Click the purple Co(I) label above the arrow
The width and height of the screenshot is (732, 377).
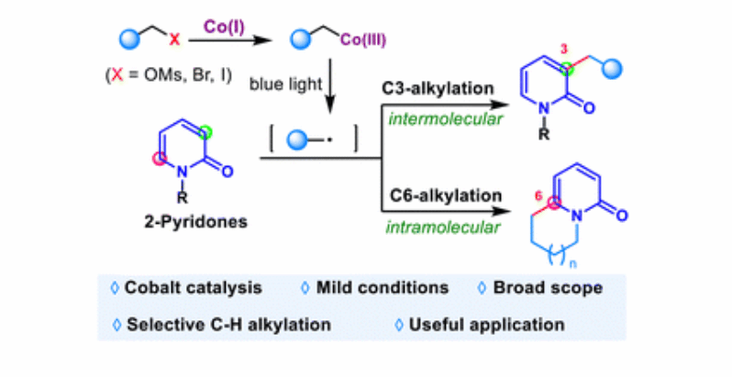click(224, 28)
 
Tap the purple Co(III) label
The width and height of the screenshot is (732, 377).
click(363, 40)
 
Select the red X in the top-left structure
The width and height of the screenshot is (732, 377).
click(174, 39)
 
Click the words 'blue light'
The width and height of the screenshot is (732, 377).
click(285, 84)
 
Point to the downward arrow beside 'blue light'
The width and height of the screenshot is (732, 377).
click(330, 86)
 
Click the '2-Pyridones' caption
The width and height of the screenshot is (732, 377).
click(196, 222)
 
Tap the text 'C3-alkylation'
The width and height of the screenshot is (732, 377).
click(438, 89)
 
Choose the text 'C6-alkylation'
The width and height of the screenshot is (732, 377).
click(446, 195)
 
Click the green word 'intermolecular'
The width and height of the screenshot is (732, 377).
click(446, 119)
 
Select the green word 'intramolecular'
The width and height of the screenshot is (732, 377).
click(442, 227)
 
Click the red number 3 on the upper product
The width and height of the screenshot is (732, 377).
click(564, 50)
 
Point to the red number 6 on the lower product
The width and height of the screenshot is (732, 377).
click(539, 196)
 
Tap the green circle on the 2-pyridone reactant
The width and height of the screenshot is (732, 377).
click(205, 133)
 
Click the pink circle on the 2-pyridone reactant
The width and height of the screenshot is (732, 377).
click(160, 159)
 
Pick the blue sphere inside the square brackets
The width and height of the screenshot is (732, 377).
click(297, 140)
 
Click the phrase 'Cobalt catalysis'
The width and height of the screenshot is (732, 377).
click(193, 288)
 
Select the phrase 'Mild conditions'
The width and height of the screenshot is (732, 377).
click(383, 288)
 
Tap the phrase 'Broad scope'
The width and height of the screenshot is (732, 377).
click(548, 288)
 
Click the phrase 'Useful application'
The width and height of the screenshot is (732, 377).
click(486, 325)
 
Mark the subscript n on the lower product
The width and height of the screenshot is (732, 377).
click(573, 264)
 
